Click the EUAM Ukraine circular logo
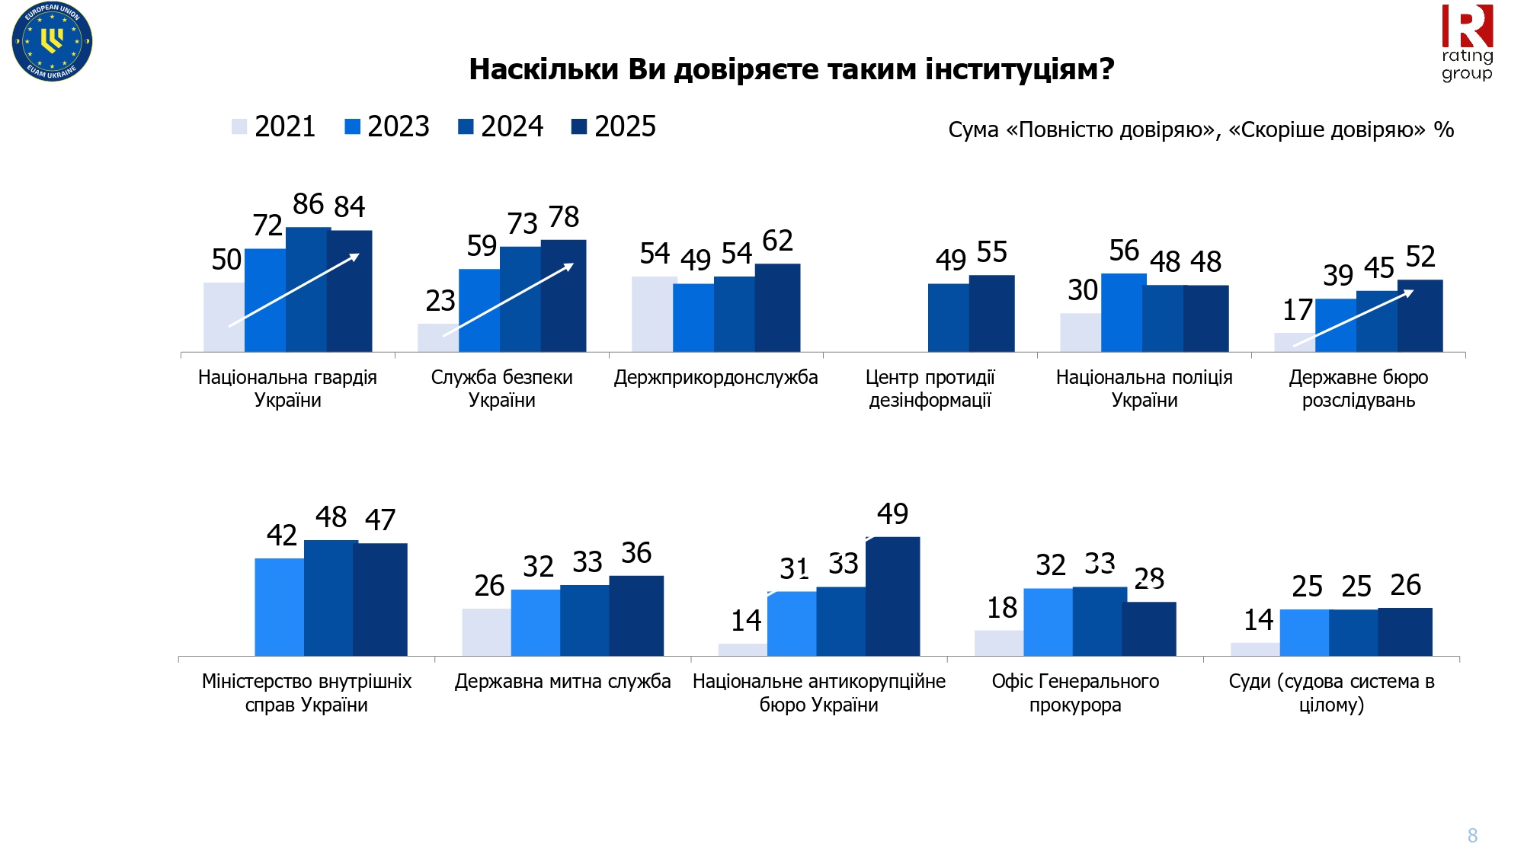tap(52, 41)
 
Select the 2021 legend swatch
tap(239, 126)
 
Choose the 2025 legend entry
tap(613, 126)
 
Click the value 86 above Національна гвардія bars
tap(308, 204)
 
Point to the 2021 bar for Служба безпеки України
tap(437, 337)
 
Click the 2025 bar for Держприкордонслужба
tap(777, 308)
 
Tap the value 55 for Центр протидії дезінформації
tap(991, 252)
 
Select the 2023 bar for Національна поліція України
tap(1123, 312)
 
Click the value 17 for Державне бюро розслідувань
tap(1297, 310)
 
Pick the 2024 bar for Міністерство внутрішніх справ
tap(331, 598)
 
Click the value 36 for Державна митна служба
tap(636, 553)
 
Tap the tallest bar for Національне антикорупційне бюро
tap(892, 596)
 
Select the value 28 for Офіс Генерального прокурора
tap(1149, 579)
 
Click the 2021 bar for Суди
tap(1254, 649)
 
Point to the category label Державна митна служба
tap(562, 681)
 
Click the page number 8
tap(1472, 836)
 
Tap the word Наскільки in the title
tap(543, 69)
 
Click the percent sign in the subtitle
tap(1443, 130)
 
